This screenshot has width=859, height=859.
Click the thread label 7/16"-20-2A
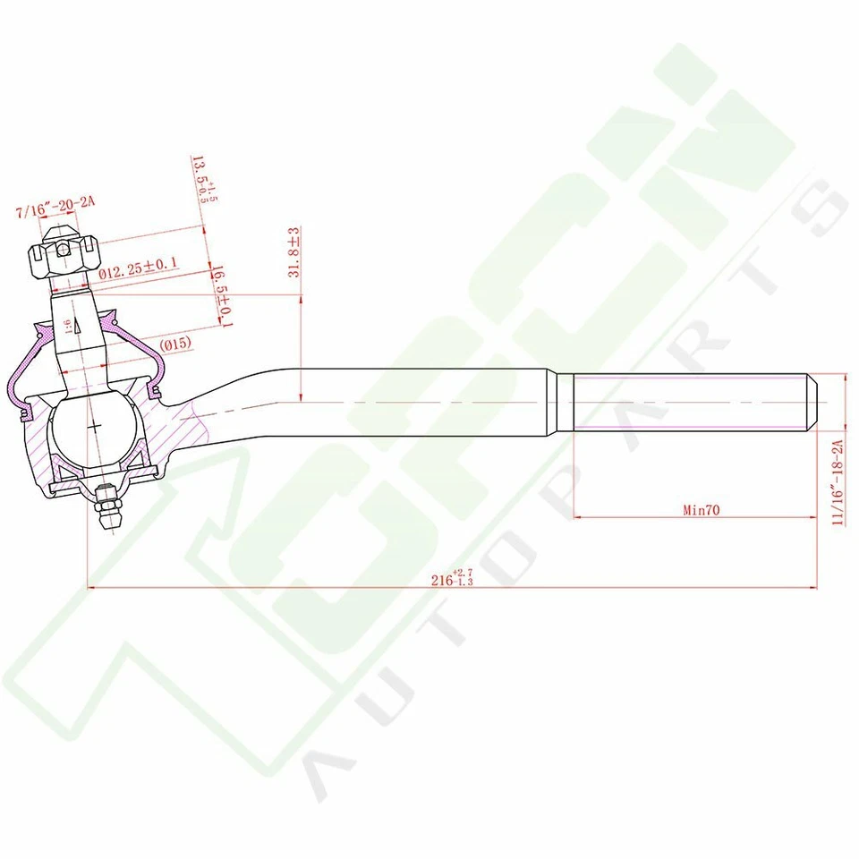[x=55, y=213]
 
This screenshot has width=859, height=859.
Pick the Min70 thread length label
[x=702, y=510]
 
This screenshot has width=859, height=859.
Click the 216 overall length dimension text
[x=451, y=578]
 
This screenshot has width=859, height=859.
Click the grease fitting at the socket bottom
[x=106, y=508]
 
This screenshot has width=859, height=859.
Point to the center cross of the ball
[x=93, y=429]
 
